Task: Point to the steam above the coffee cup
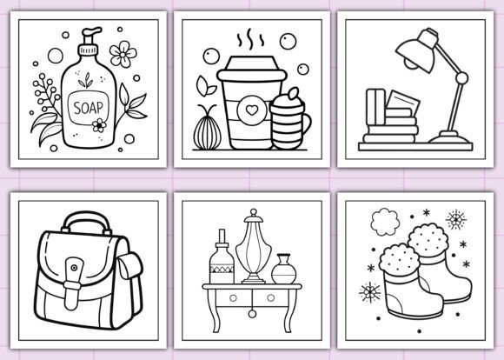[249, 41]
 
